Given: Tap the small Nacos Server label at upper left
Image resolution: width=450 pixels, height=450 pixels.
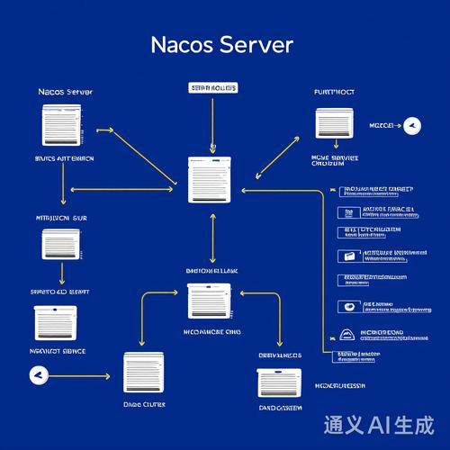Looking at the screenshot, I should click(66, 92).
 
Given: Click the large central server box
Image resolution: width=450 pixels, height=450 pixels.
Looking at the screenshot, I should click(212, 179).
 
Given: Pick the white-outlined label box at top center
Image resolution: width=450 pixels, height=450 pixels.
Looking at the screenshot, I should click(213, 88).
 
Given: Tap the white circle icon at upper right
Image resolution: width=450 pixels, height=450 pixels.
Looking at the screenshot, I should click(413, 125).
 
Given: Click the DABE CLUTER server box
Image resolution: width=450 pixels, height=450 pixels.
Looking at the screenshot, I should click(144, 370).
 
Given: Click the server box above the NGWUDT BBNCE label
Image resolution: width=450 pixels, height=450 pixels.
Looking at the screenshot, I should click(56, 322).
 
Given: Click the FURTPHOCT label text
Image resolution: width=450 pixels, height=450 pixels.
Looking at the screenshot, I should click(334, 92).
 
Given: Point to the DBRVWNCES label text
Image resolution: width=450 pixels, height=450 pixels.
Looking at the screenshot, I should click(280, 355).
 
